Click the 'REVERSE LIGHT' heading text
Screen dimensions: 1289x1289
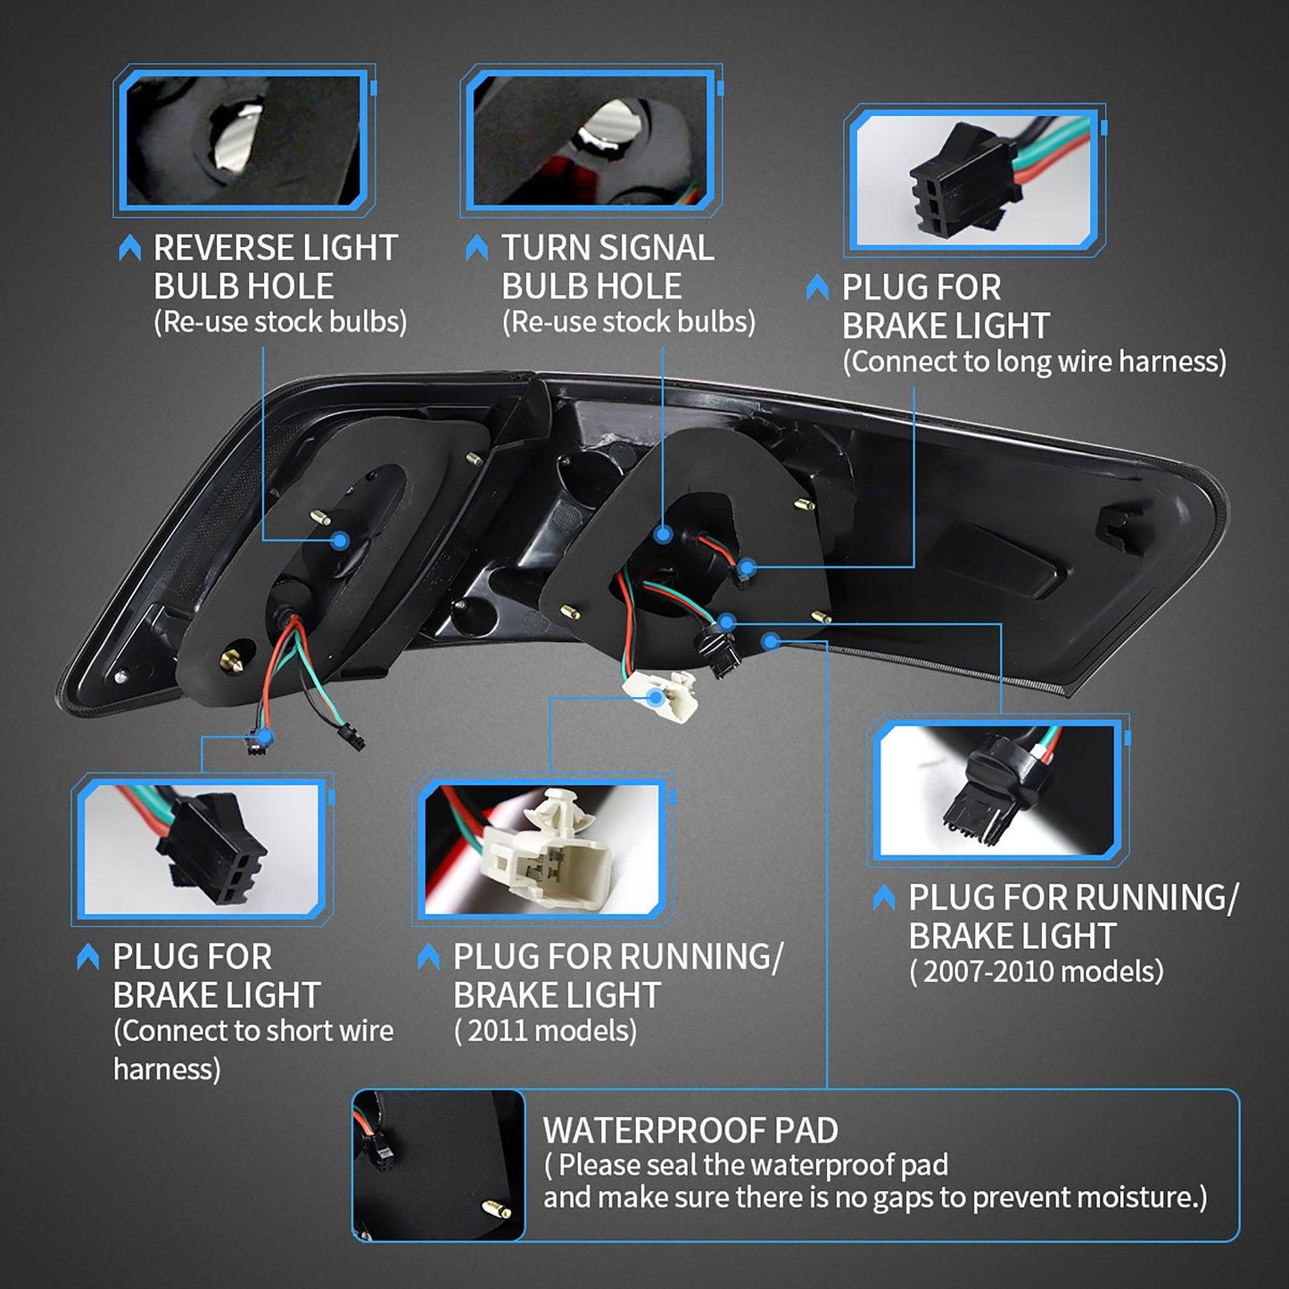[x=275, y=248]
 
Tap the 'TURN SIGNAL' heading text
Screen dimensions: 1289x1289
[x=607, y=248]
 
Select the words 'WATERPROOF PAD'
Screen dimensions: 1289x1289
[x=690, y=1130]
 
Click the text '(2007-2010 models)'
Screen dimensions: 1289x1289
[x=1036, y=971]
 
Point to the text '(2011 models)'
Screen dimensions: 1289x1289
[x=545, y=1031]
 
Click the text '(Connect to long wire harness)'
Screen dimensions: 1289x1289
[x=1034, y=361]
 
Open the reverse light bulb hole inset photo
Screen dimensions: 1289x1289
[x=244, y=140]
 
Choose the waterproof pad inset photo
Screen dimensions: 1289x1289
[x=439, y=1165]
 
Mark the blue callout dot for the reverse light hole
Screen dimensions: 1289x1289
[x=340, y=541]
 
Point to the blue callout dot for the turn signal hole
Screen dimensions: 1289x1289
[x=663, y=534]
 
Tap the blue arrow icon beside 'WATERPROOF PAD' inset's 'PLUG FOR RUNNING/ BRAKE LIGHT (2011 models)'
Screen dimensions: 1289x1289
[x=428, y=957]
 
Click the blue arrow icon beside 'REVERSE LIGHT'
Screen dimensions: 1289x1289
[x=130, y=248]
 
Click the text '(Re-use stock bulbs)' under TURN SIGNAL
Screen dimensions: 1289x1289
[x=628, y=322]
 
